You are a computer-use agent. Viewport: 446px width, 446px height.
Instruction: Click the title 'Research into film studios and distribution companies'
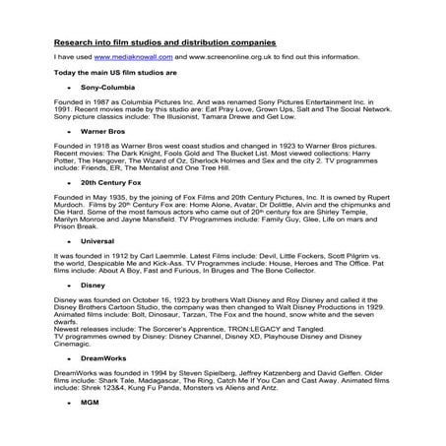click(164, 42)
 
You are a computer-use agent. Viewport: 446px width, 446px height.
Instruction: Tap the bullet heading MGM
click(91, 404)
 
